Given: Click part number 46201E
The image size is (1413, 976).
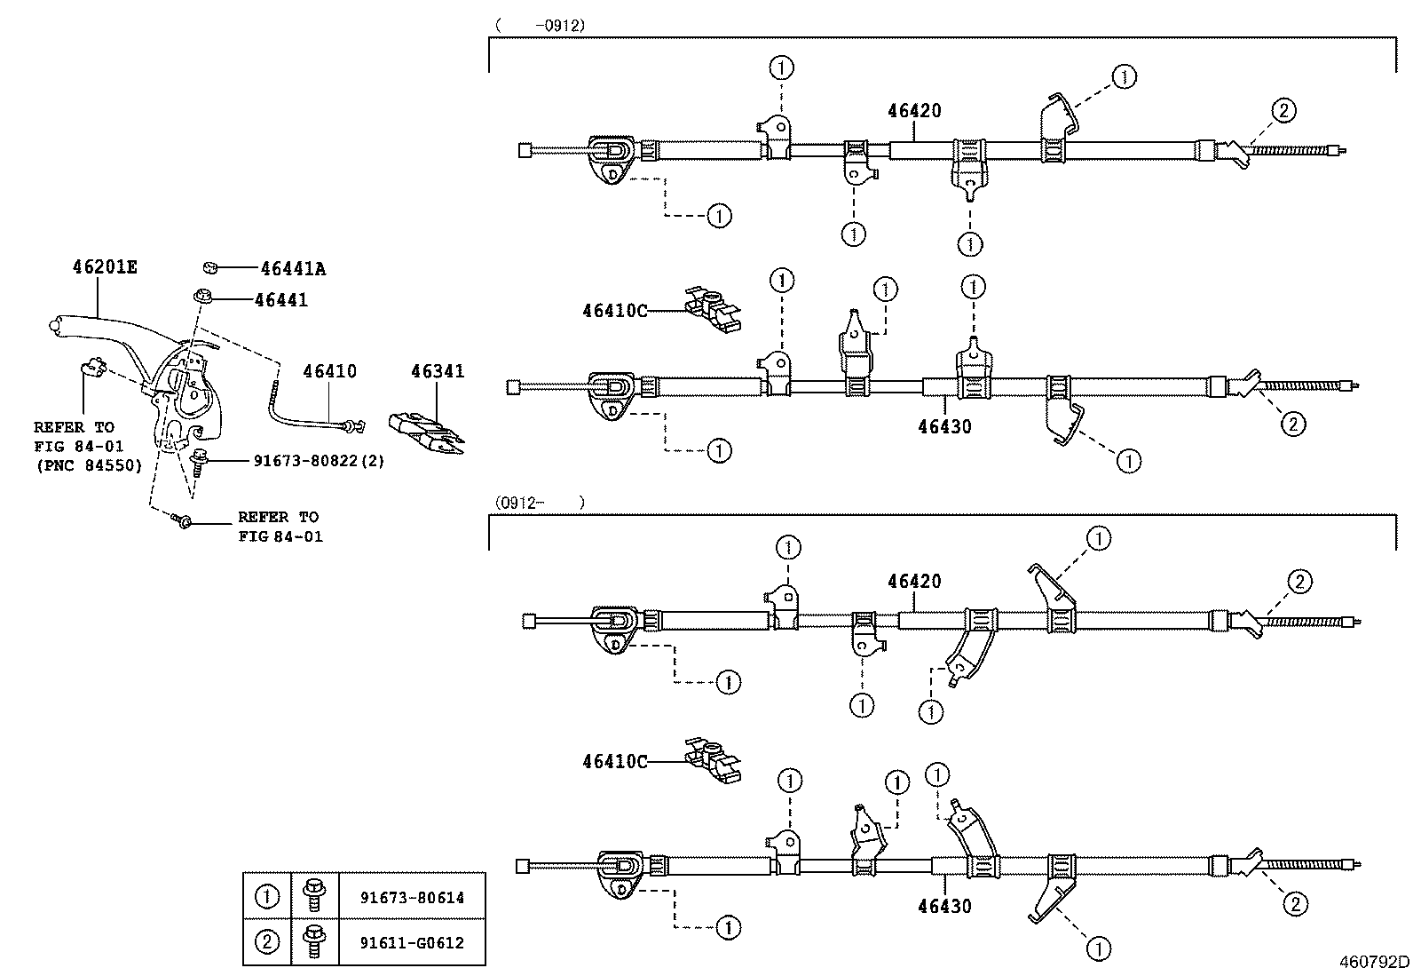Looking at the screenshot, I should click(104, 266).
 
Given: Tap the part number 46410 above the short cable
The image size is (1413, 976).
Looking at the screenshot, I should click(329, 370).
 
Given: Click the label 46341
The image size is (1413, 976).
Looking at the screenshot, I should click(437, 371).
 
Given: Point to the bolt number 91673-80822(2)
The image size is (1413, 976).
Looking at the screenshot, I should click(319, 461).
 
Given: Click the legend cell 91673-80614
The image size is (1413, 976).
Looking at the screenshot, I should click(411, 897).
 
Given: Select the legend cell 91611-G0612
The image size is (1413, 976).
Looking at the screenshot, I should click(411, 943).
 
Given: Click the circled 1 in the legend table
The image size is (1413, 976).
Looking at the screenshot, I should click(266, 897).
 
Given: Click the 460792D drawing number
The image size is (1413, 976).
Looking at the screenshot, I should click(1375, 962).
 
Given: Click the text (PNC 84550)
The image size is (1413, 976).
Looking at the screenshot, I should click(89, 465).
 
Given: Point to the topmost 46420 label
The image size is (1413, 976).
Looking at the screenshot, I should click(914, 111).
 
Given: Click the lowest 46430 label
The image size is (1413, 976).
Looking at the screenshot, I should click(944, 906).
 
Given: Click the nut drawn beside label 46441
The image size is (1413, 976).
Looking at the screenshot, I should click(202, 296).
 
